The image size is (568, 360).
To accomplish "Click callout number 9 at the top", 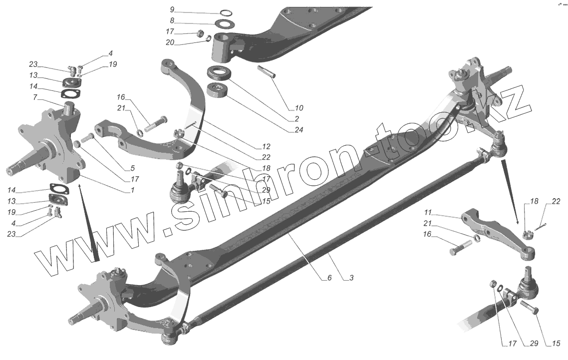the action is click(172, 9).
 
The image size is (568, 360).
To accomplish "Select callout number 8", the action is click(172, 21).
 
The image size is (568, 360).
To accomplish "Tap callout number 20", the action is click(170, 43).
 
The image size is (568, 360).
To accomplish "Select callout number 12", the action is click(265, 147).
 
